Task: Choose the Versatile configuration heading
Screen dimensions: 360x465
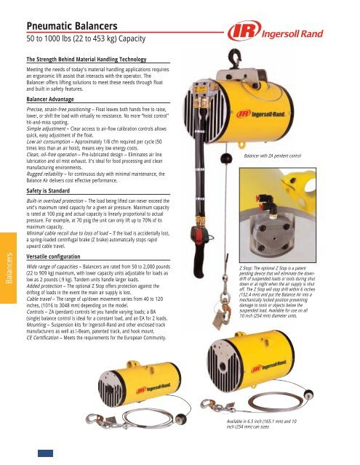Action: point(57,236)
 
